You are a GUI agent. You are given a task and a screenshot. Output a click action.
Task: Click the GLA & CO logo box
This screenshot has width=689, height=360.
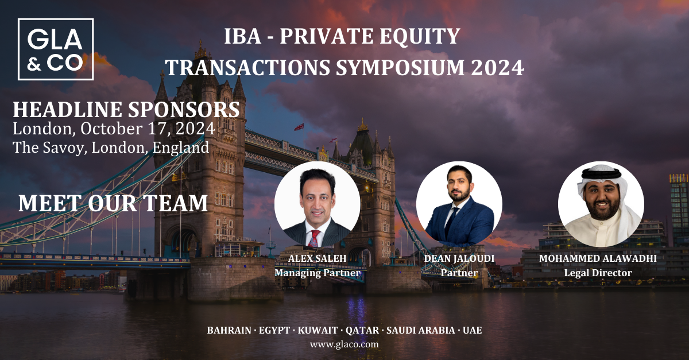point(56,19)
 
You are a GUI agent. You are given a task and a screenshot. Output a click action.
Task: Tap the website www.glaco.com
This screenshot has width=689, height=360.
point(344,344)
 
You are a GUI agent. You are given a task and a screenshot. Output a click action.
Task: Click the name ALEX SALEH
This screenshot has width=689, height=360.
point(317,258)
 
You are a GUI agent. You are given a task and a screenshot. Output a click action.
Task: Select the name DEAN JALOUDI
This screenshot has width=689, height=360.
point(459,258)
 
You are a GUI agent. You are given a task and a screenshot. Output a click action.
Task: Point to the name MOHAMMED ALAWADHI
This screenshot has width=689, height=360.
point(598,258)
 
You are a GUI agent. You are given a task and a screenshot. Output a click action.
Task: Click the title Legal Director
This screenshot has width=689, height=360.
point(598,273)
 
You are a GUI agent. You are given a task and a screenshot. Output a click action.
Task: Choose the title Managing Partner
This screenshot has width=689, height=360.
point(317,273)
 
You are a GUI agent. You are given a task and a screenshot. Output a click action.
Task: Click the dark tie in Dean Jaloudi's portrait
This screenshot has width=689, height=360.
point(451,221)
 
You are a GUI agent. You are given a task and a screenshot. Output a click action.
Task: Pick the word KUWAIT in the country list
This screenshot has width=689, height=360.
point(318,330)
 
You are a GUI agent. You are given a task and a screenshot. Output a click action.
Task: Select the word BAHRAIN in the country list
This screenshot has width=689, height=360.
point(229,330)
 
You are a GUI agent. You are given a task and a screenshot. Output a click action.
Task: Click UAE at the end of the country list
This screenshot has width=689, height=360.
point(472,330)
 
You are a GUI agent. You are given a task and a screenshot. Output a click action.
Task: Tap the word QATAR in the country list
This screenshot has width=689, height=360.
point(362,330)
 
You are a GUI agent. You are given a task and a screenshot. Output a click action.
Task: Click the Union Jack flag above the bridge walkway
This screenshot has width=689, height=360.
point(299,127)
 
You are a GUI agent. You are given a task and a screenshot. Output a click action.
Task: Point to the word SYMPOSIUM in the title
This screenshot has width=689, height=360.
point(400,67)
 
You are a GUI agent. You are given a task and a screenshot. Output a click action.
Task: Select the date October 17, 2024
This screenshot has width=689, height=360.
point(148,129)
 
